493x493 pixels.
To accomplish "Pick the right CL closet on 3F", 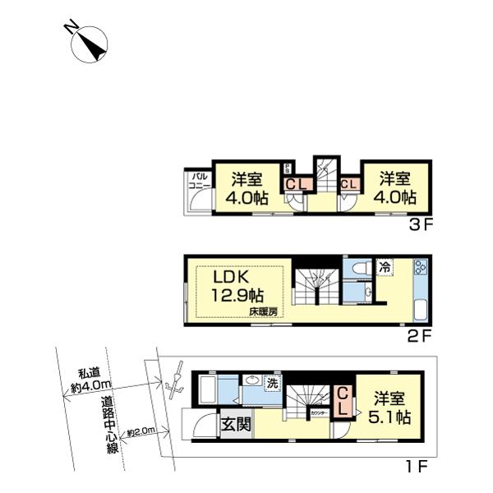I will click(347, 184).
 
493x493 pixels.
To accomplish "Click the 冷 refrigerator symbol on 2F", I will click(385, 266).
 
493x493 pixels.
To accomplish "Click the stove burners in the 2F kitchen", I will click(420, 269).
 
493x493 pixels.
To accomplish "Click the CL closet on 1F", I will click(343, 400).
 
